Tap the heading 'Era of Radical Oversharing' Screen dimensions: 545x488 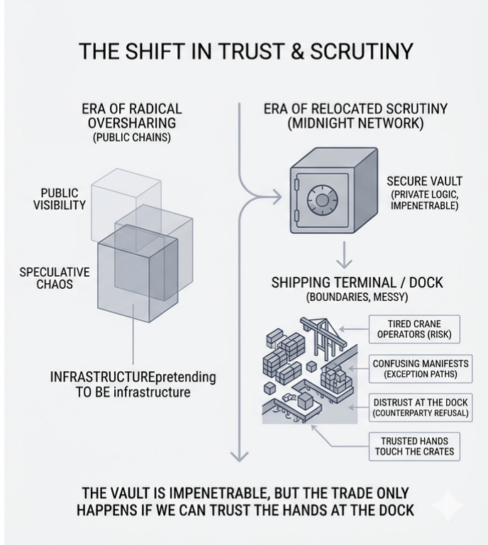(x=131, y=116)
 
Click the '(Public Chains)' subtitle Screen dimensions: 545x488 (x=131, y=138)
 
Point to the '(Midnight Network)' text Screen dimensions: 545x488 (x=355, y=123)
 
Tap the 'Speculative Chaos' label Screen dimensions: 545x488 (x=55, y=278)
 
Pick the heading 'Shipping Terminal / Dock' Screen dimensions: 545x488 (x=357, y=282)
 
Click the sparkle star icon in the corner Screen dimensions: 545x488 (x=448, y=505)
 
